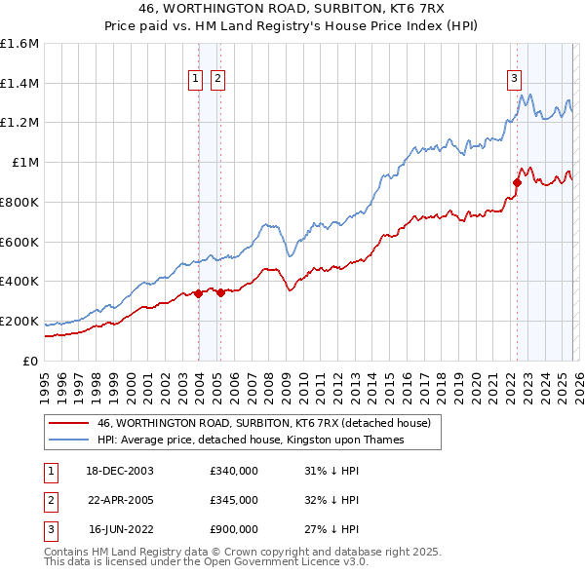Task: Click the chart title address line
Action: pos(292,7)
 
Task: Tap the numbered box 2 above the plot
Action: pos(216,80)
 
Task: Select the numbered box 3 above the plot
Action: pos(514,80)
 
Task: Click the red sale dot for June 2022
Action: pos(518,181)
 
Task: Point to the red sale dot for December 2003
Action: pos(199,292)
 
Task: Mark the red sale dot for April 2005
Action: pos(221,291)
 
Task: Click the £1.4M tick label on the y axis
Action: pos(19,83)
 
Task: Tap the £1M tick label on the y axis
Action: pos(24,162)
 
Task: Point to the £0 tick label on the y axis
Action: pos(31,361)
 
